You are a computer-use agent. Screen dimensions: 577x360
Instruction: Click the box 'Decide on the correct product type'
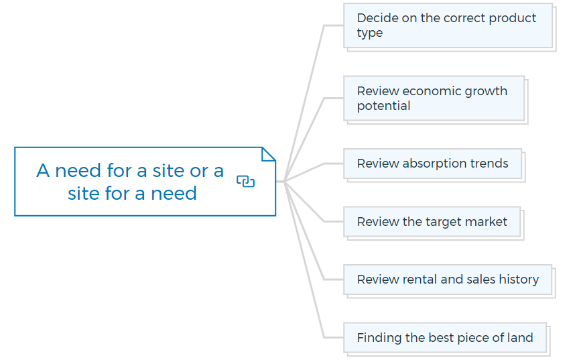[x=448, y=25]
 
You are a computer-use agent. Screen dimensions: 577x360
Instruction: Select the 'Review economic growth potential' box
[x=434, y=99]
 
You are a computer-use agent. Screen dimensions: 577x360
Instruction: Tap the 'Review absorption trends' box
[x=432, y=164]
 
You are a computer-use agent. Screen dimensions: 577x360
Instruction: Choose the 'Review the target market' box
[x=432, y=222]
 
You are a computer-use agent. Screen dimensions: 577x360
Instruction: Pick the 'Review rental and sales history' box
[x=448, y=280]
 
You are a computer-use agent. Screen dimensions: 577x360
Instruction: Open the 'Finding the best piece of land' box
[x=445, y=338]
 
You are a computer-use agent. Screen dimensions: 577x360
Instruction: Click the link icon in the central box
[x=245, y=181]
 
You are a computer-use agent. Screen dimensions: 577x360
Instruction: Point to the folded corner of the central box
[x=268, y=154]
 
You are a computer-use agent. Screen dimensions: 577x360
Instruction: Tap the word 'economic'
[x=432, y=91]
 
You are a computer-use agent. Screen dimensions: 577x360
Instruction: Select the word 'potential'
[x=383, y=107]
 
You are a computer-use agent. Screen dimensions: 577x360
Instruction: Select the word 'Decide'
[x=377, y=18]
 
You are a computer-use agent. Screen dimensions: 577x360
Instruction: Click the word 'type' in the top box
[x=370, y=34]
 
